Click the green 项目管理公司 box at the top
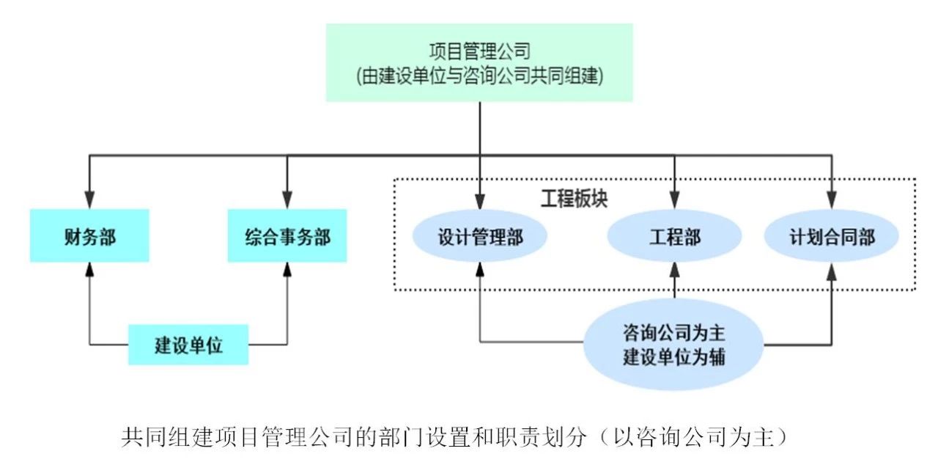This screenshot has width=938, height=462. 479,62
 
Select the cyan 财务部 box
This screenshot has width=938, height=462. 89,235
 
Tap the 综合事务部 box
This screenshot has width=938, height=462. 287,235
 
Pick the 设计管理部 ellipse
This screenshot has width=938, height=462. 480,236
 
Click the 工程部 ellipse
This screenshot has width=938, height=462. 674,236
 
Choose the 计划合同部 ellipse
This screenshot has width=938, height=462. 832,236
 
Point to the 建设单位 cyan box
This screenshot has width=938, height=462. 188,344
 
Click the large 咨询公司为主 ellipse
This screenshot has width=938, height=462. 673,344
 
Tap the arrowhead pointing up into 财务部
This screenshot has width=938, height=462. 89,269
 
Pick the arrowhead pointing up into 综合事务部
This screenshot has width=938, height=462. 287,269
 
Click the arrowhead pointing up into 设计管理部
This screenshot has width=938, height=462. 480,271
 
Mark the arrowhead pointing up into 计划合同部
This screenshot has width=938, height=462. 832,271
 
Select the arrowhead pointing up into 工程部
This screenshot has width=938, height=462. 674,271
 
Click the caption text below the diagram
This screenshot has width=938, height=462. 454,438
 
